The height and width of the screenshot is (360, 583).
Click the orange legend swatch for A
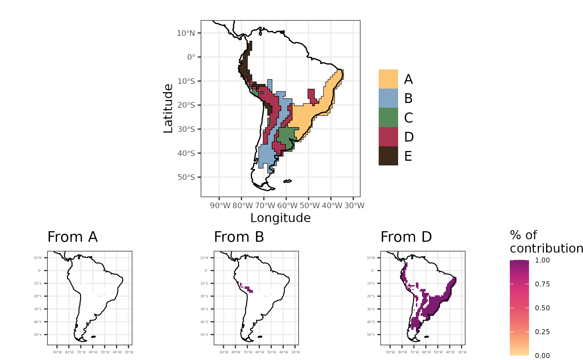[388, 79]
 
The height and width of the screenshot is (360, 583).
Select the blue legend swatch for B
[388, 98]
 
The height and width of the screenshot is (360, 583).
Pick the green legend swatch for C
[388, 117]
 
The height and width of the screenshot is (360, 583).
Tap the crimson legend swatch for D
[388, 137]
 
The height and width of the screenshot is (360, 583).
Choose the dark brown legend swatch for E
[388, 156]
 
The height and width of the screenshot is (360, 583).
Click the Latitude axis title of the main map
[168, 109]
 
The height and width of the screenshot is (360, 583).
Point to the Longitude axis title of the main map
[280, 218]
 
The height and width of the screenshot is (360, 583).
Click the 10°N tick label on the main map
[186, 33]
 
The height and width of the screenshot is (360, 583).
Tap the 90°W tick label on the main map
[220, 206]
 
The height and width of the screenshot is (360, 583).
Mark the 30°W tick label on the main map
[354, 206]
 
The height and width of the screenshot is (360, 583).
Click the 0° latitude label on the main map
[191, 57]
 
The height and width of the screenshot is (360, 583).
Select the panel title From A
[72, 237]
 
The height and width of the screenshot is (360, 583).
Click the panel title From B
[239, 237]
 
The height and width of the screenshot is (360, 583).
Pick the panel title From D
[406, 237]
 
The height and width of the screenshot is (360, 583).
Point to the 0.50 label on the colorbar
[542, 308]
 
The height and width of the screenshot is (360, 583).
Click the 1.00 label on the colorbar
[542, 260]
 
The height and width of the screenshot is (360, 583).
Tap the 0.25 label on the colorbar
[542, 332]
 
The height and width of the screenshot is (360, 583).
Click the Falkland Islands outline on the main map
[288, 181]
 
